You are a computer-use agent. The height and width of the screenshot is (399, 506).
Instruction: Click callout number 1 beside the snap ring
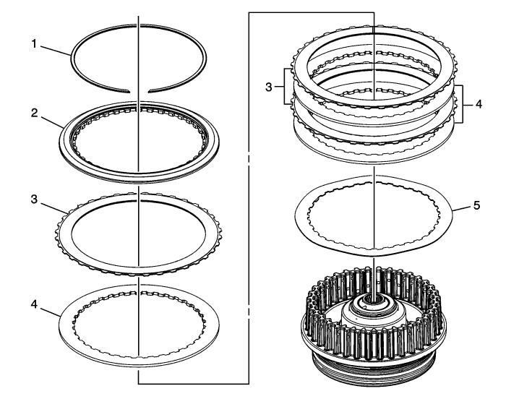click(x=34, y=44)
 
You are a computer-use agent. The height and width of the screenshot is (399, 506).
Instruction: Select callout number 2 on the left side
click(x=35, y=113)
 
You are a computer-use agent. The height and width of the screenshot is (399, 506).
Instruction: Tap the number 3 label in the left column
click(x=35, y=199)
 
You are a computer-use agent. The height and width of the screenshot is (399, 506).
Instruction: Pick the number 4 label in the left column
click(x=35, y=304)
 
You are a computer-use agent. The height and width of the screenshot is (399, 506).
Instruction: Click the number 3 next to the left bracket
click(x=269, y=87)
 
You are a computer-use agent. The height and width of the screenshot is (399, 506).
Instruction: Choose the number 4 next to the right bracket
click(x=479, y=104)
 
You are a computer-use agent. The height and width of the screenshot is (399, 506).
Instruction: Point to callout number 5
click(x=476, y=205)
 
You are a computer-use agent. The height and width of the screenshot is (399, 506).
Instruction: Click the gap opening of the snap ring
click(x=139, y=91)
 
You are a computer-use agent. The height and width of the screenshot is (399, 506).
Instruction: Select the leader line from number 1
click(x=56, y=51)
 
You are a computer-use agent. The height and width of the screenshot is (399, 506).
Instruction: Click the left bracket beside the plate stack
click(x=284, y=87)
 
